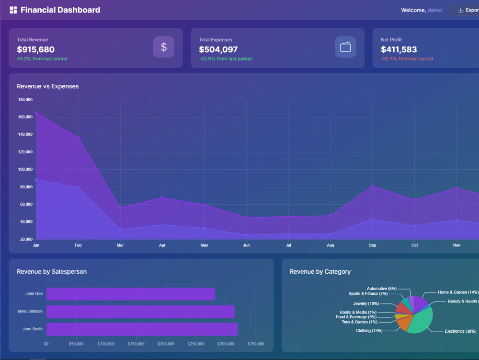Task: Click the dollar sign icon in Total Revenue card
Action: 164,47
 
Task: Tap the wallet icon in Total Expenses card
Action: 345,47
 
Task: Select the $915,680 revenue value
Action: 36,49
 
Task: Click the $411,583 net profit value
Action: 399,49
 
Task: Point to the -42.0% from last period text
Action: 226,58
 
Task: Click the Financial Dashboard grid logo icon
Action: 13,10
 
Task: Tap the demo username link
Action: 435,10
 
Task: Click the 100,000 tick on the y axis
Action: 25,169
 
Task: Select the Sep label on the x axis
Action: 372,245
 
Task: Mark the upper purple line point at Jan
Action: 36,114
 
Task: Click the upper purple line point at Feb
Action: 78,138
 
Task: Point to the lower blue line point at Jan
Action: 36,180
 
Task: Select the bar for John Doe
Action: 131,294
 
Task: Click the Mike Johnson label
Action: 30,311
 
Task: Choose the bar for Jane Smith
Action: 142,329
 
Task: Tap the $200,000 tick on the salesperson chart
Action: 166,344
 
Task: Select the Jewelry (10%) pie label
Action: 366,303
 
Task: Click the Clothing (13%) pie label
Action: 369,330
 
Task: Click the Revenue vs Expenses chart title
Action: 47,86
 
